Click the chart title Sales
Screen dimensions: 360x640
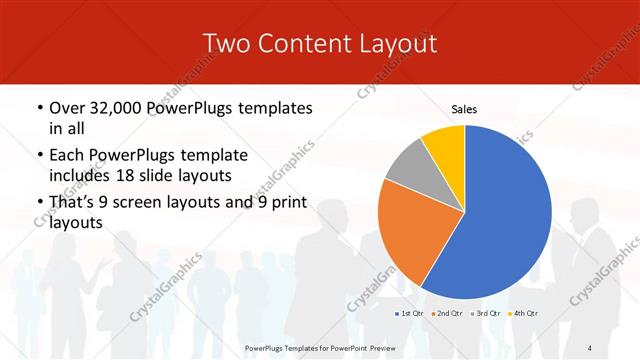coord(464,108)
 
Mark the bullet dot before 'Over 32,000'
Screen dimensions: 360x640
coord(38,107)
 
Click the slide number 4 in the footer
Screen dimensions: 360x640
coord(591,347)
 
